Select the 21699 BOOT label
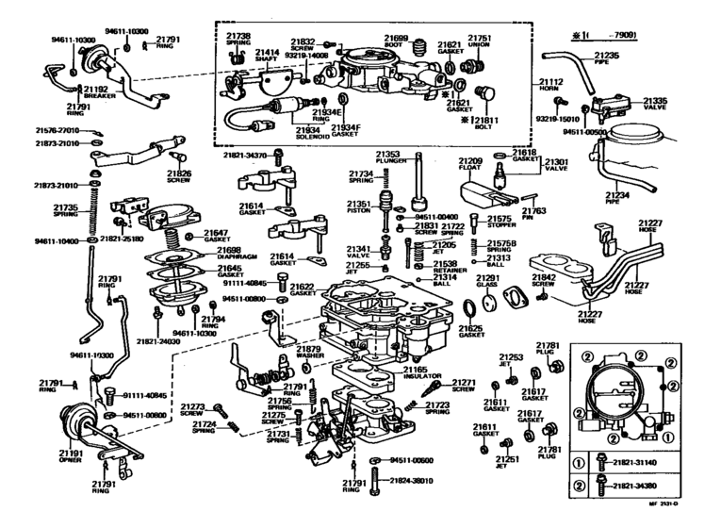[396, 41]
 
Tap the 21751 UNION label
[481, 41]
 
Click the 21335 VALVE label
[656, 104]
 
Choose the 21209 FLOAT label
[470, 166]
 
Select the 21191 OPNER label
[71, 455]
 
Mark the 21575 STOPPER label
[500, 223]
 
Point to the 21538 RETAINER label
[446, 266]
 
